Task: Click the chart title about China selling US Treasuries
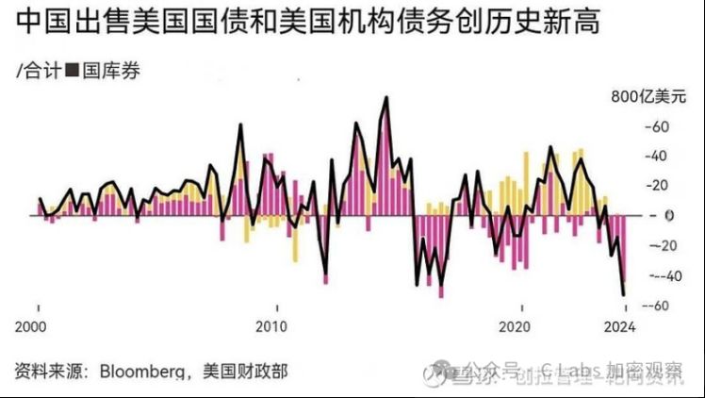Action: pyautogui.click(x=307, y=23)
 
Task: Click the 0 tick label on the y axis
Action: pyautogui.click(x=666, y=215)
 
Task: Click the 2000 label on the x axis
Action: pyautogui.click(x=38, y=327)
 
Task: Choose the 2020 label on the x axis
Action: pyautogui.click(x=515, y=327)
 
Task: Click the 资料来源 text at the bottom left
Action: pyautogui.click(x=44, y=371)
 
